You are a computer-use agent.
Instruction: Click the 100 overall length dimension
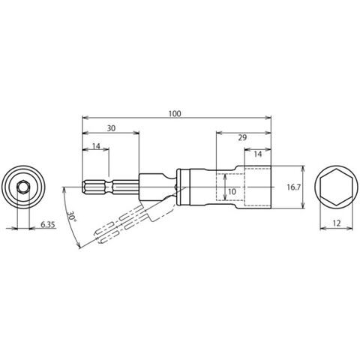(x=175, y=114)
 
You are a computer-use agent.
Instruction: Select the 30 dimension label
(x=111, y=128)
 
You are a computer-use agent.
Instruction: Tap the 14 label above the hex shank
(x=96, y=146)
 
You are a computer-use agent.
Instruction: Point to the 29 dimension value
(x=242, y=137)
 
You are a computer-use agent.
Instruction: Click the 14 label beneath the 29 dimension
(x=257, y=154)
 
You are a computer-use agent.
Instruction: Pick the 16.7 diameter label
(x=293, y=187)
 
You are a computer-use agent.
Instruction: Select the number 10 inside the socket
(x=232, y=192)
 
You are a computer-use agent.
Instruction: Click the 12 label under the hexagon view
(x=337, y=223)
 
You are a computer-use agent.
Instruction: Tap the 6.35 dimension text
(x=47, y=225)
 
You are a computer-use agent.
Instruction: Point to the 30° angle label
(x=71, y=216)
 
